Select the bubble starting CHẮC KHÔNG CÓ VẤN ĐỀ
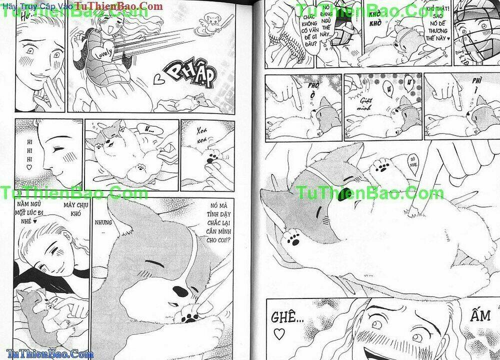click(x=307, y=31)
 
